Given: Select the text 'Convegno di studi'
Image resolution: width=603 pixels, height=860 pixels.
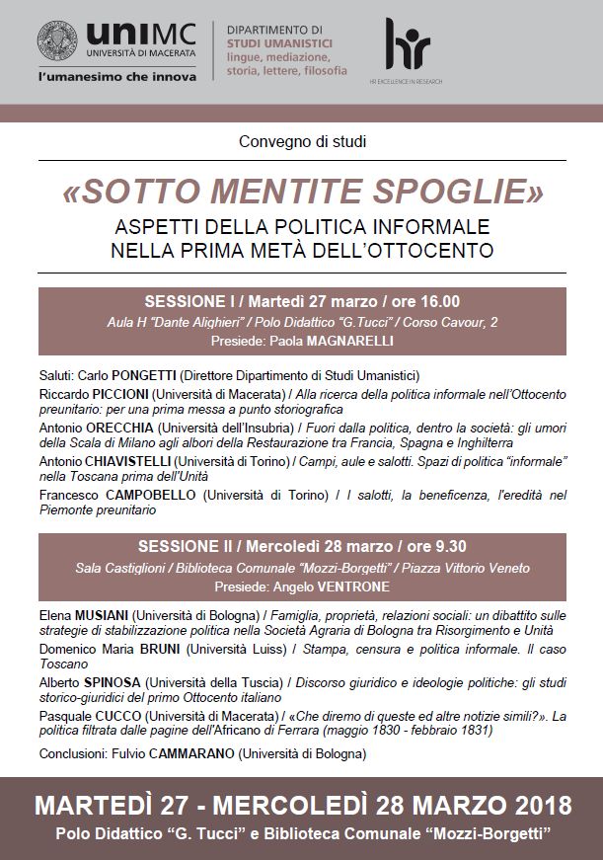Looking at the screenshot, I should tap(301, 141).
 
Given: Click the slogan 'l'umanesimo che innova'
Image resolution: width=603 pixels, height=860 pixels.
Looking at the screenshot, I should tap(116, 76).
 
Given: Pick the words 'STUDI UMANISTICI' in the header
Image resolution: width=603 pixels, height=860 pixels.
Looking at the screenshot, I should tap(279, 44).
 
